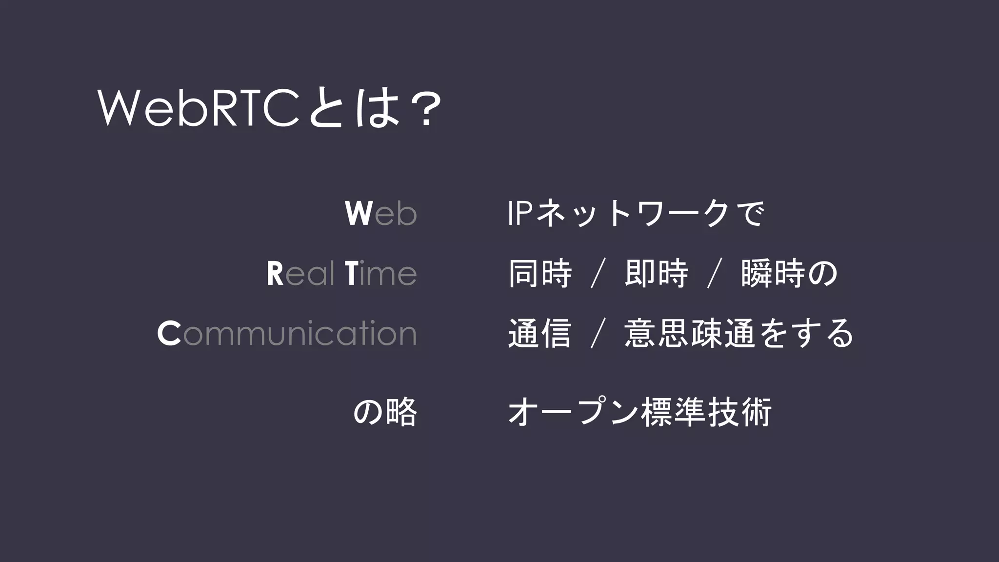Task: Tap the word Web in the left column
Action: (x=380, y=213)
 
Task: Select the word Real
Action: (x=300, y=274)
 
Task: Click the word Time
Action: (x=380, y=274)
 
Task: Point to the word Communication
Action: (x=287, y=334)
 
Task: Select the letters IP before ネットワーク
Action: (x=519, y=213)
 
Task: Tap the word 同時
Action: (x=540, y=274)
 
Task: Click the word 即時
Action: (x=656, y=274)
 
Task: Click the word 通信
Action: (x=540, y=334)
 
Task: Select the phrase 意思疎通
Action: (x=689, y=334)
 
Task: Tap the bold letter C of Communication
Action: (x=169, y=334)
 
